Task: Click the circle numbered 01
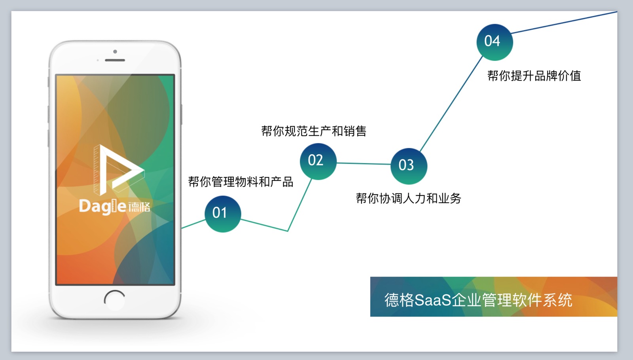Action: click(x=223, y=214)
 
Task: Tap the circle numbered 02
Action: click(x=318, y=161)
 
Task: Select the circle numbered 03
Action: click(x=409, y=166)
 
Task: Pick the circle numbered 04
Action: click(x=495, y=42)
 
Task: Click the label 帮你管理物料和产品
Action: click(x=241, y=182)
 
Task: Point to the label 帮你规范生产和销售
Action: click(x=314, y=131)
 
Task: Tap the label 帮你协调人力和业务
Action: click(x=408, y=198)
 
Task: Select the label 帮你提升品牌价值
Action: click(x=534, y=76)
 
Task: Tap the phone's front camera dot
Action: click(x=115, y=51)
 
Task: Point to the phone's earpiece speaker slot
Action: click(x=115, y=60)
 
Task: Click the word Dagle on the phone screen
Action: click(x=102, y=206)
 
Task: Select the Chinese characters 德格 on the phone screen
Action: click(x=139, y=207)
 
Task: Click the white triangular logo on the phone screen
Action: click(x=119, y=170)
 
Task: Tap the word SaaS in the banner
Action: click(x=433, y=300)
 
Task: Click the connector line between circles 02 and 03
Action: click(x=364, y=164)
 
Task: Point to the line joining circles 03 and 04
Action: click(x=451, y=104)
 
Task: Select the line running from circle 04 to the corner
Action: click(x=564, y=22)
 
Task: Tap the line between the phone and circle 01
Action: click(x=193, y=224)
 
